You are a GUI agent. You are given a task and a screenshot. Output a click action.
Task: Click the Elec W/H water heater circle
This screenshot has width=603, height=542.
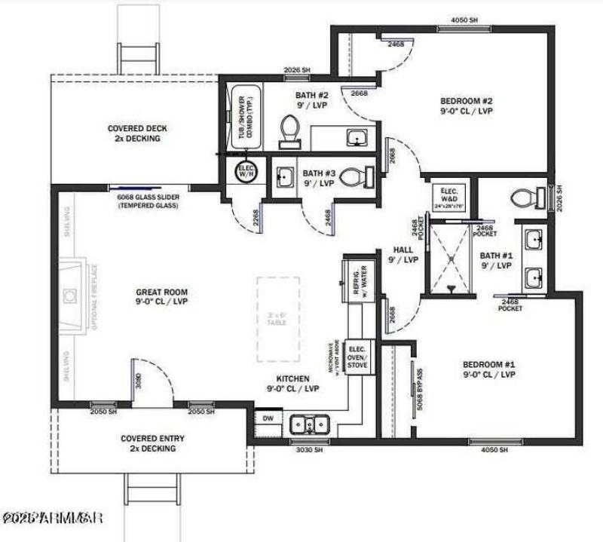point(246,171)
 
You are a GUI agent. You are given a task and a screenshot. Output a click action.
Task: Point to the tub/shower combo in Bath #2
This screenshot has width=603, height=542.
point(243,121)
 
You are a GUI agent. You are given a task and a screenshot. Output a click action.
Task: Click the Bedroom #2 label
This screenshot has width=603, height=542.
point(466,106)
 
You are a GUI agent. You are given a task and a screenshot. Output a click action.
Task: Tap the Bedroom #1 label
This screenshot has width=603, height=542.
point(488,369)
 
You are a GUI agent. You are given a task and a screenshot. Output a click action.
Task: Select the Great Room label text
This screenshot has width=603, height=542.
point(161,296)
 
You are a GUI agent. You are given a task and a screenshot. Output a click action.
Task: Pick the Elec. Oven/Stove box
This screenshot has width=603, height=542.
point(358,357)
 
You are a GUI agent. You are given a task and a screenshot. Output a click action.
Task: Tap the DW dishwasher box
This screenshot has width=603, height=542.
point(268,418)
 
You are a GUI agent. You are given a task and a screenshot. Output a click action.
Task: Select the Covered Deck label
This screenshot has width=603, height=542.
point(137,133)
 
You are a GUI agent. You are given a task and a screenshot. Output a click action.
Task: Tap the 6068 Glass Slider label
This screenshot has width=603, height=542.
point(147,201)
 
